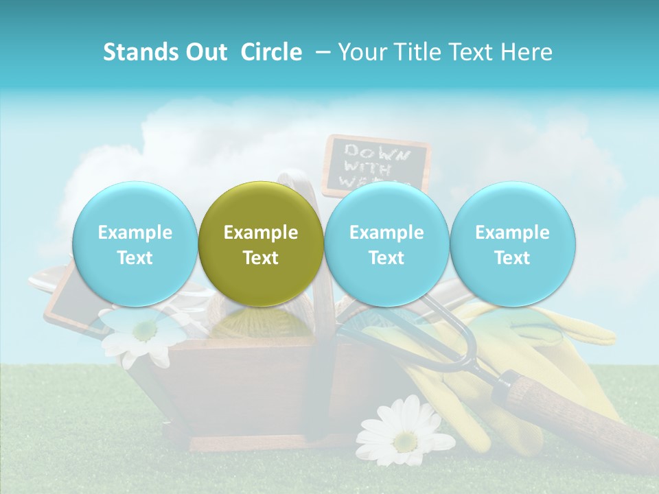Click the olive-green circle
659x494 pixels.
[261, 244]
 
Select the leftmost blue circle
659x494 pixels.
[135, 244]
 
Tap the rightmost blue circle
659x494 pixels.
[512, 244]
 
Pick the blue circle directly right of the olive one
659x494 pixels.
[386, 244]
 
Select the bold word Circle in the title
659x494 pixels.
[271, 52]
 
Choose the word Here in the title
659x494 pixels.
[527, 52]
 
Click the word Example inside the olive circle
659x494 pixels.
[261, 233]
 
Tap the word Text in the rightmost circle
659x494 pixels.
[512, 258]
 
